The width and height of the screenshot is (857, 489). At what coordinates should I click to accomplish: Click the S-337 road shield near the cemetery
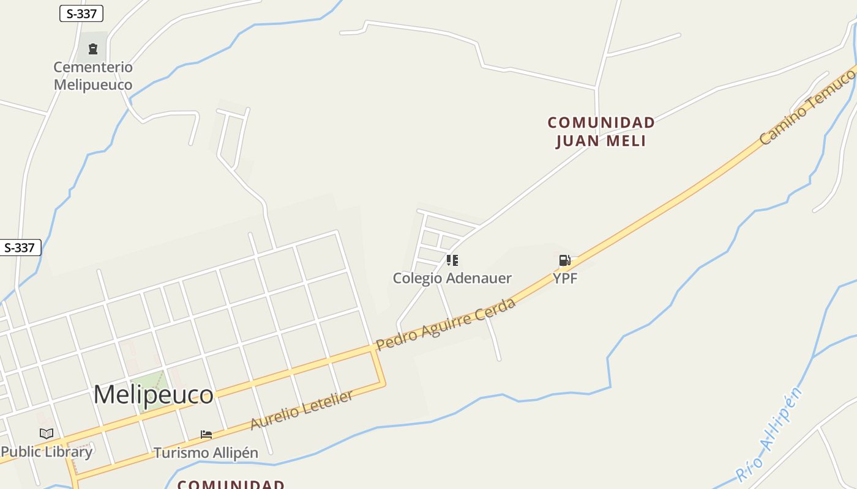[x=81, y=13]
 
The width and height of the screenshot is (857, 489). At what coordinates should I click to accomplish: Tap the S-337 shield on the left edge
[x=20, y=248]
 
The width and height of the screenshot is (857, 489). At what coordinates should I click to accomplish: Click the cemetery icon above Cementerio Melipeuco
[x=93, y=48]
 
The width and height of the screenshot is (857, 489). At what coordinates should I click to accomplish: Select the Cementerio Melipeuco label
[x=93, y=76]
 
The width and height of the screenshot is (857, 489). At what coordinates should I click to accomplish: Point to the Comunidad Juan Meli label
[x=601, y=131]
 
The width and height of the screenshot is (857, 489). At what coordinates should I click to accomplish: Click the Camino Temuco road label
[x=807, y=108]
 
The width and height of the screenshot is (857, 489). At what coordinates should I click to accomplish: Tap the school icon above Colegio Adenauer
[x=452, y=261]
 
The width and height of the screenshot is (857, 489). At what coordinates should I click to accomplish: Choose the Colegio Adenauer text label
[x=452, y=278]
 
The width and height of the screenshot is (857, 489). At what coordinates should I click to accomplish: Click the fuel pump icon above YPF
[x=564, y=261]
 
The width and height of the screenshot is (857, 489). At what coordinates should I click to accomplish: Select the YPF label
[x=565, y=278]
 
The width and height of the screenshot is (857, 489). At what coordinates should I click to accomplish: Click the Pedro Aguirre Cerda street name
[x=446, y=325]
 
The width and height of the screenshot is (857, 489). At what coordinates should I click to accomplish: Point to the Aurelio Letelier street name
[x=302, y=410]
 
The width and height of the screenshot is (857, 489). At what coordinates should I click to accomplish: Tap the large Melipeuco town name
[x=153, y=394]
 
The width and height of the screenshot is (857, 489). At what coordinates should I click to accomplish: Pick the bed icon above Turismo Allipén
[x=206, y=435]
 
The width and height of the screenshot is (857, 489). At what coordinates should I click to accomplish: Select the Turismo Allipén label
[x=206, y=453]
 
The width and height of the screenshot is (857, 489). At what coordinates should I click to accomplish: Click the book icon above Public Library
[x=47, y=433]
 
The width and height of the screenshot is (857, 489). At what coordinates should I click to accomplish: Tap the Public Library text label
[x=47, y=452]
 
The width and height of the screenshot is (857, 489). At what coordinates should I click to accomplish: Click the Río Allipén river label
[x=769, y=435]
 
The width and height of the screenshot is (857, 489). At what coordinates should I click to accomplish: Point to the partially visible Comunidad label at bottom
[x=231, y=484]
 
